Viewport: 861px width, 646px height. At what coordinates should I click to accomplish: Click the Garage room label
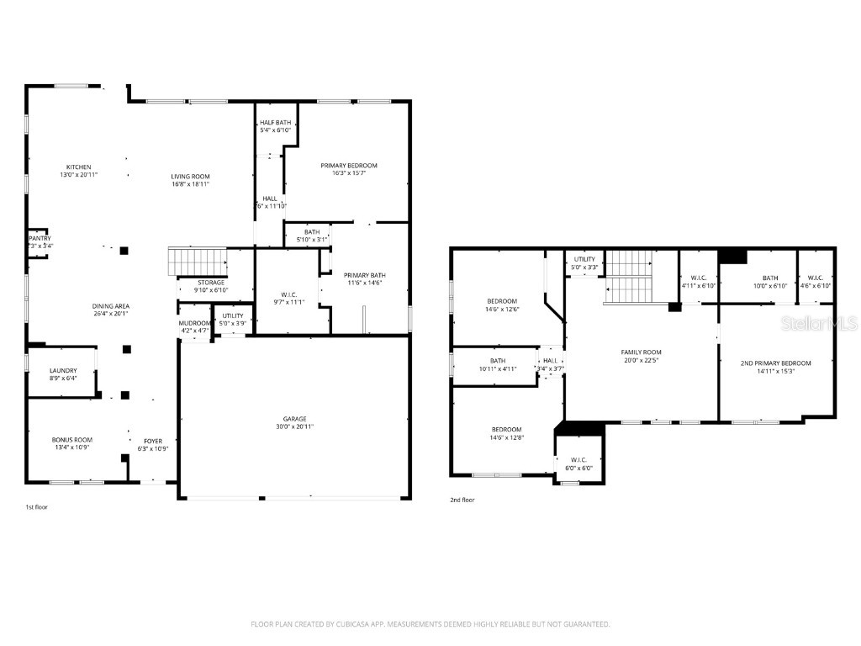294,419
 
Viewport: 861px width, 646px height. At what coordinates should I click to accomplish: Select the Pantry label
40,238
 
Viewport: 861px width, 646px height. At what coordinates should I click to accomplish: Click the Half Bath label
275,123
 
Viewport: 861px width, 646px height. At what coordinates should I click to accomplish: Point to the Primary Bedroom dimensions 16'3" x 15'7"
349,174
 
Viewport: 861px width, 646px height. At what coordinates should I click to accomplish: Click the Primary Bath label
365,275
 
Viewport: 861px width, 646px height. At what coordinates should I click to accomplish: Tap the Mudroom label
193,323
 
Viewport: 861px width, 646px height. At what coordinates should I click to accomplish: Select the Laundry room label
63,370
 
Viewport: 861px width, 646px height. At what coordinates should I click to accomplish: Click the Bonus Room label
72,440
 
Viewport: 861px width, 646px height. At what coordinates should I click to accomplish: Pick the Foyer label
153,441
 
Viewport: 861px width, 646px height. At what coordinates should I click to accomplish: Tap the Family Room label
642,352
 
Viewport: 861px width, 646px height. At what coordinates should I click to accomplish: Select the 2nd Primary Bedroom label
775,363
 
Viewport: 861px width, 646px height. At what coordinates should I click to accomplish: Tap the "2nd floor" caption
462,500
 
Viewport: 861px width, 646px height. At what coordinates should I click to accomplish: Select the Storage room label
210,282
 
